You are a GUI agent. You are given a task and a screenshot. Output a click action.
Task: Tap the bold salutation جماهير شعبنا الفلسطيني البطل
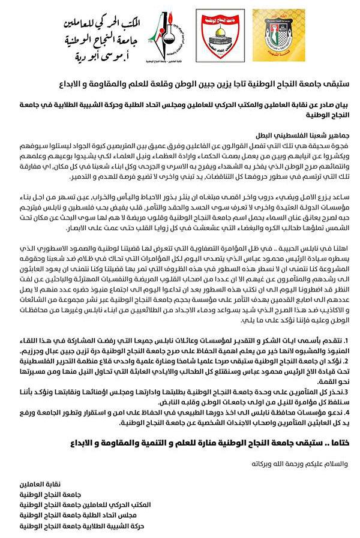tap(299, 136)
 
